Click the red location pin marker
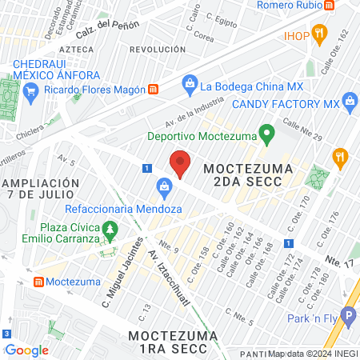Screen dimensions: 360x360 point(180,164)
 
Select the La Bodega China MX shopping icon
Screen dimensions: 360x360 point(190,82)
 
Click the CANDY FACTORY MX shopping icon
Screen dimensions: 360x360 point(349,101)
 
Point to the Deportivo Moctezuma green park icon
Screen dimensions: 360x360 point(269,131)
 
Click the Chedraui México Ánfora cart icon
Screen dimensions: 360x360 point(30,90)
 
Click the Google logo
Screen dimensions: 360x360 point(26,350)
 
